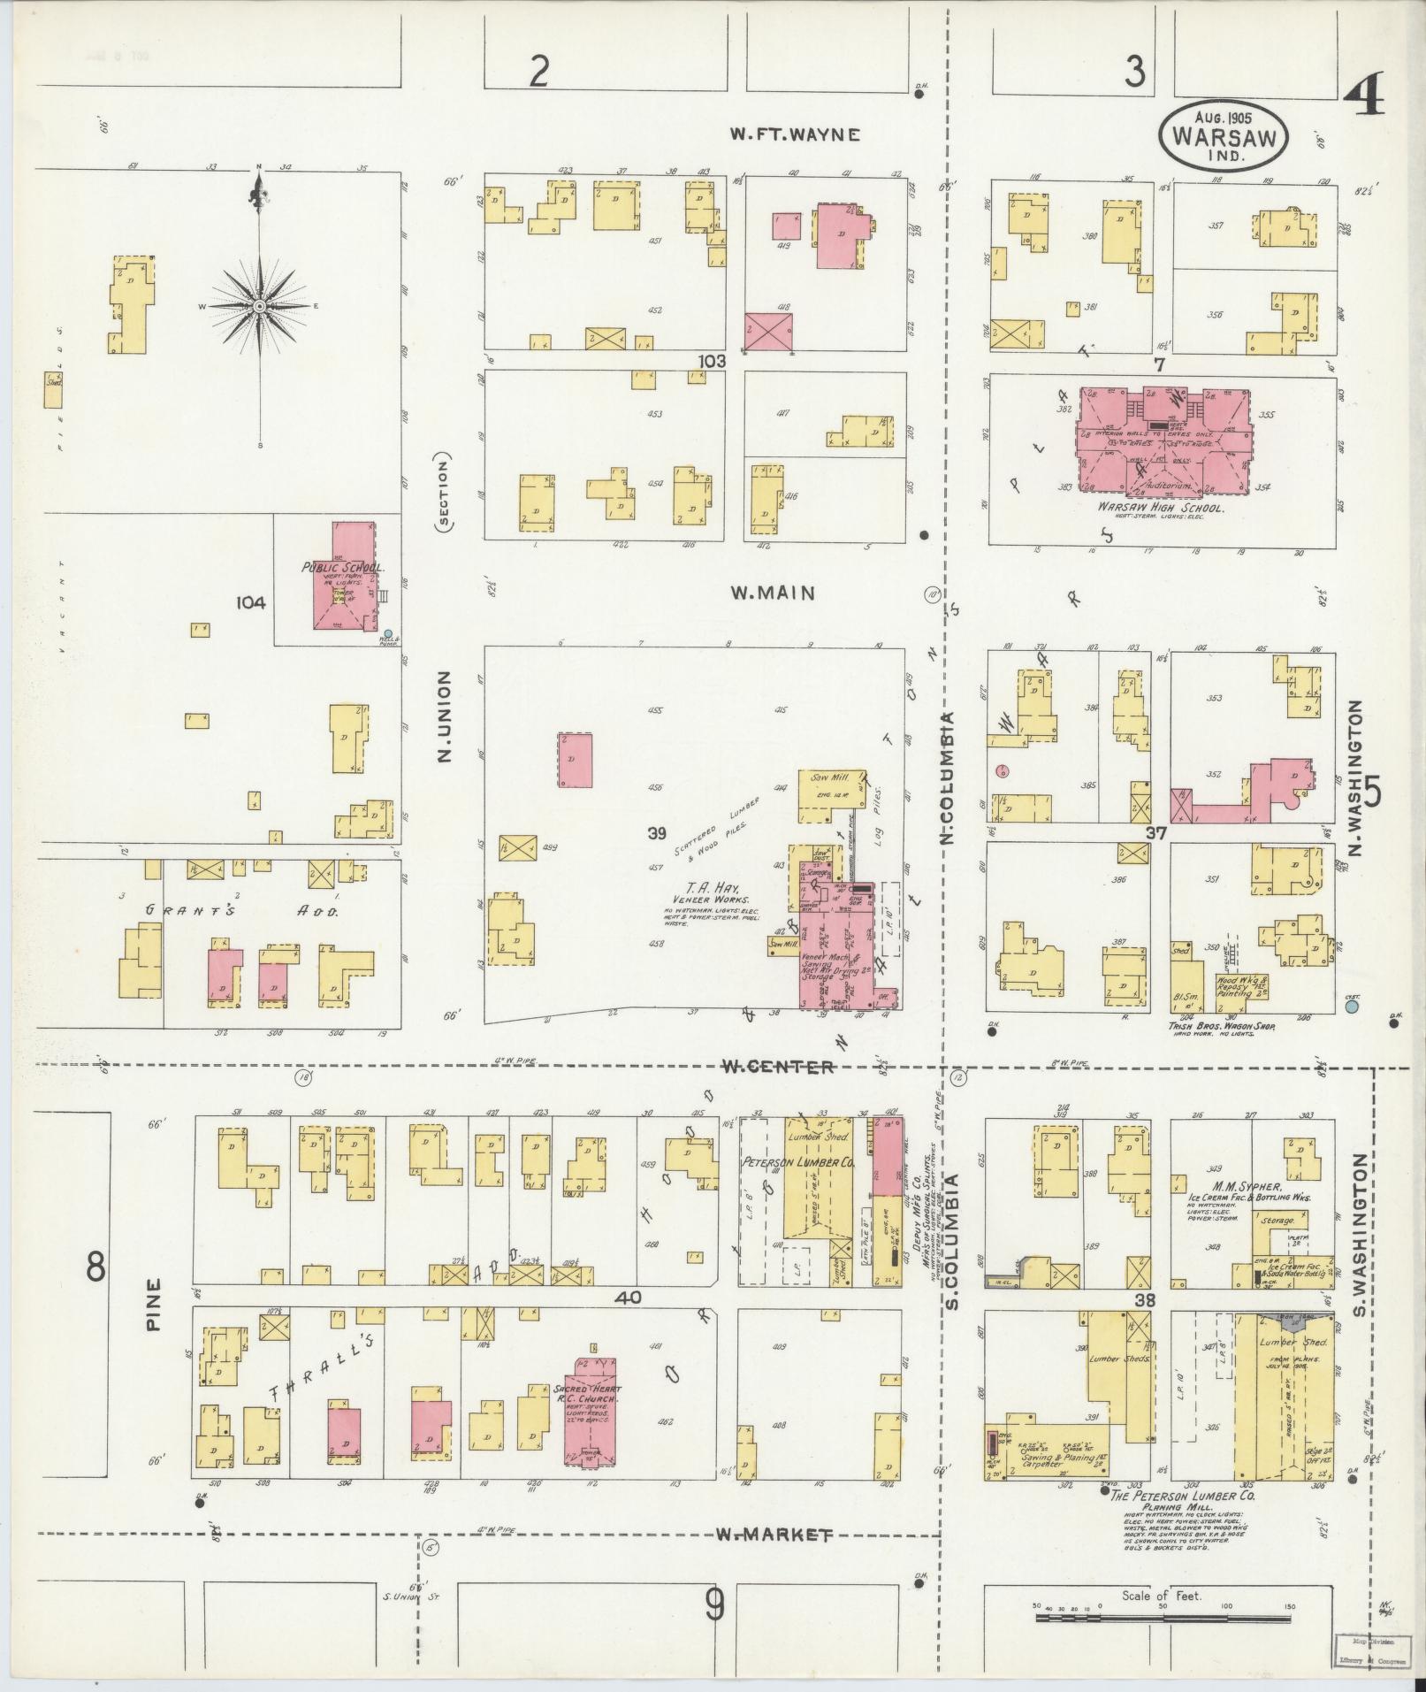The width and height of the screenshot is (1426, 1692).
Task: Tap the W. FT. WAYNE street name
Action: click(x=794, y=134)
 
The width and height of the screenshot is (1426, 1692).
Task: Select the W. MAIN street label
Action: click(x=772, y=593)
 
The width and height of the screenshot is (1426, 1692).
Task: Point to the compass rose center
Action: click(x=260, y=306)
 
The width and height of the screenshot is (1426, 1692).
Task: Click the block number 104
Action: click(x=251, y=602)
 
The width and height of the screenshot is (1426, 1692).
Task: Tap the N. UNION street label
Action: click(x=444, y=716)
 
